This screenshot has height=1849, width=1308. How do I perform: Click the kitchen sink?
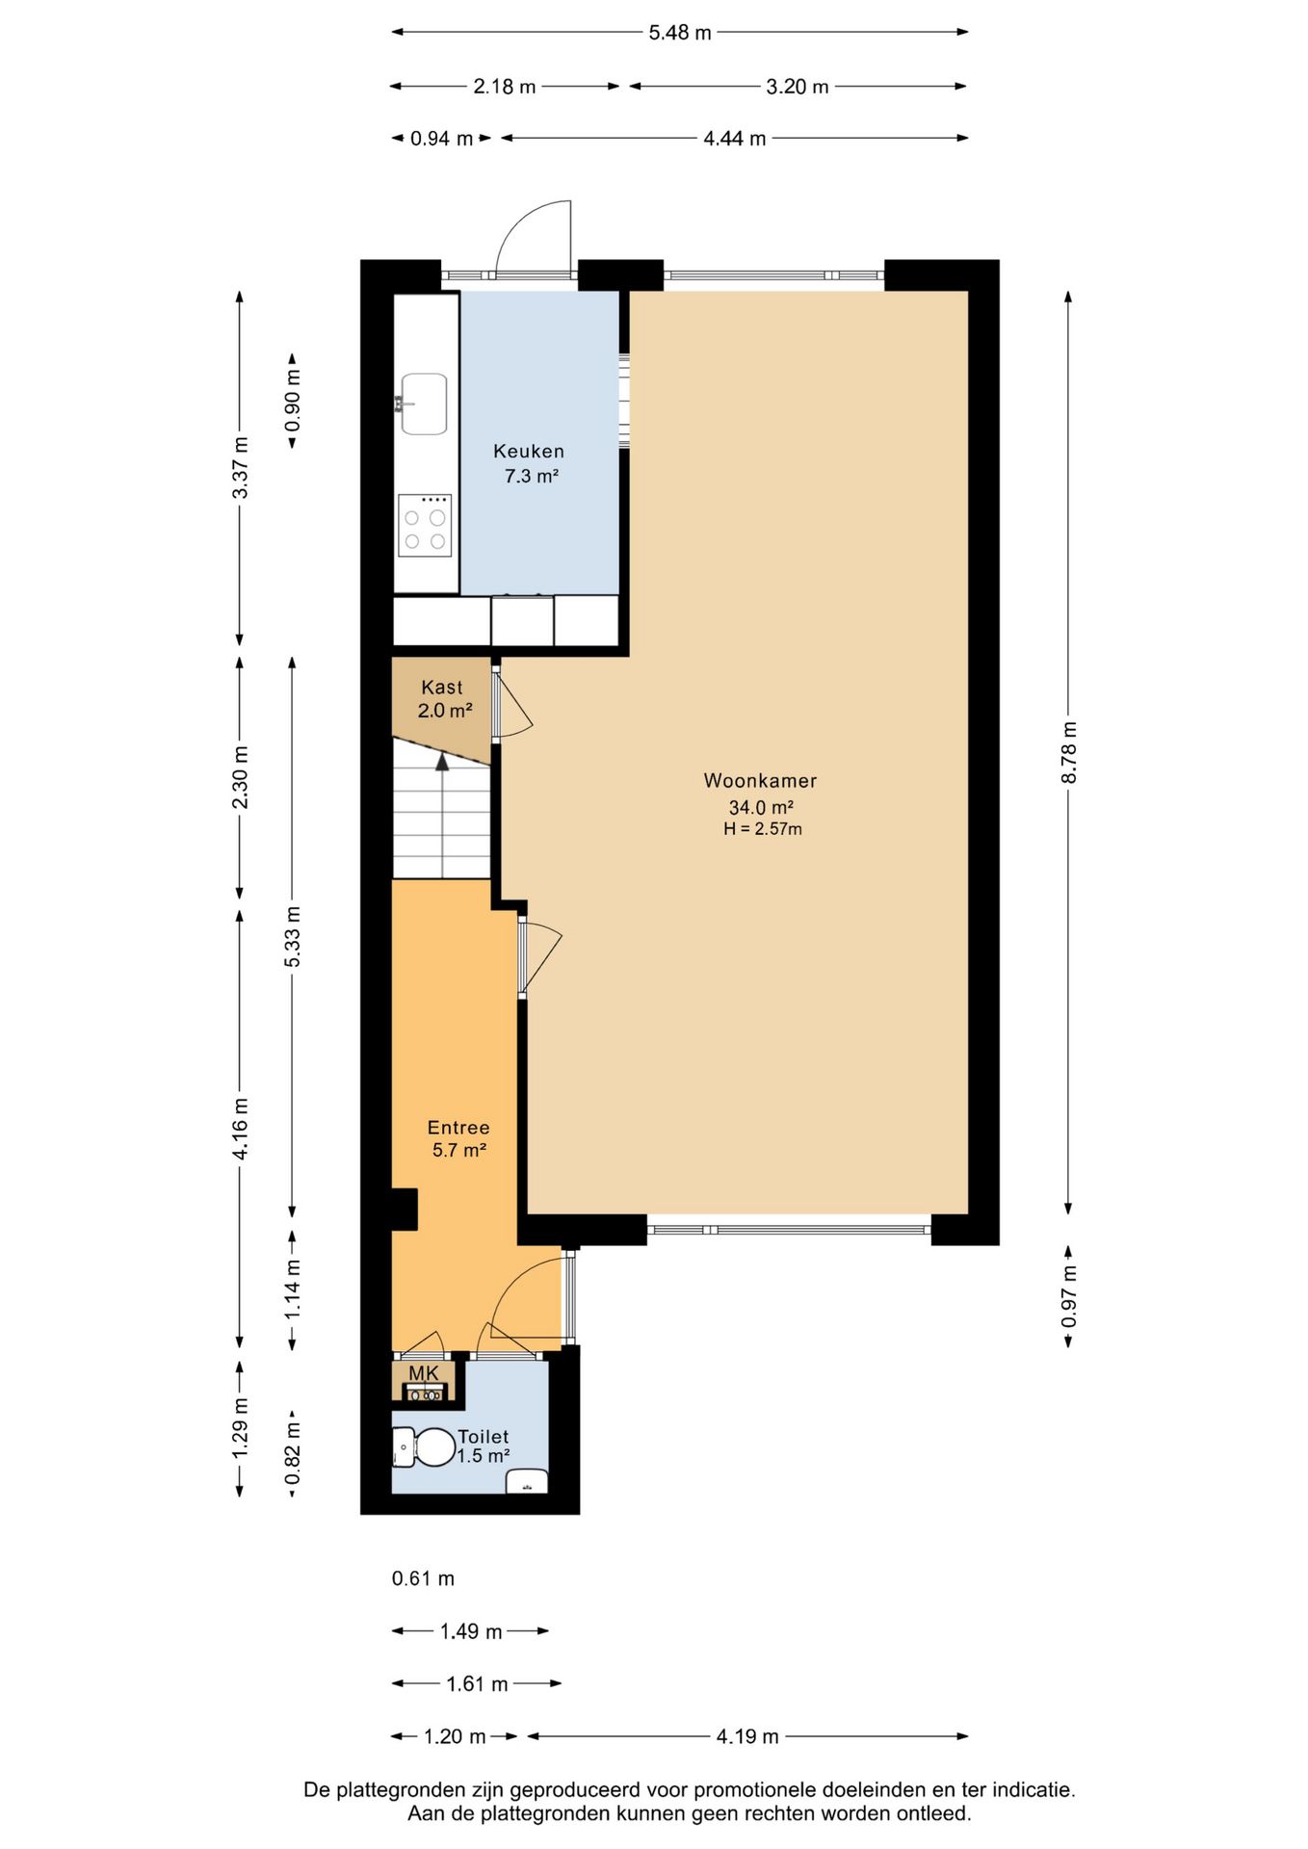pyautogui.click(x=424, y=404)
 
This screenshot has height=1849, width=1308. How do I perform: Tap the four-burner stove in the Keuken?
pyautogui.click(x=425, y=526)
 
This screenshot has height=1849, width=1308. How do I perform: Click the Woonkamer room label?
pyautogui.click(x=760, y=781)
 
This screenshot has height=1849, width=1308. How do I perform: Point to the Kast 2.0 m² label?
pyautogui.click(x=444, y=699)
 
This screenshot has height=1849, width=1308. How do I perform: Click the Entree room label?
pyautogui.click(x=458, y=1128)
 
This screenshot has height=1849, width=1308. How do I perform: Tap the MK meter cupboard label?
pyautogui.click(x=424, y=1373)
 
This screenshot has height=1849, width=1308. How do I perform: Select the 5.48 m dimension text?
pyautogui.click(x=680, y=33)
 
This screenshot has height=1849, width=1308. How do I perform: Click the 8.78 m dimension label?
pyautogui.click(x=1069, y=752)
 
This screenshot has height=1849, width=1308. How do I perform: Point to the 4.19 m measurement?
pyautogui.click(x=747, y=1736)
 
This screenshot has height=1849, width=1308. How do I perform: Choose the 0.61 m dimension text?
pyautogui.click(x=423, y=1578)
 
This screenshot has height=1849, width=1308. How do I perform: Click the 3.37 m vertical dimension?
pyautogui.click(x=241, y=468)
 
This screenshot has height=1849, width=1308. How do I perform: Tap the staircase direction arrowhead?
pyautogui.click(x=442, y=762)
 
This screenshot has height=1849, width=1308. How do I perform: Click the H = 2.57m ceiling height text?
pyautogui.click(x=763, y=829)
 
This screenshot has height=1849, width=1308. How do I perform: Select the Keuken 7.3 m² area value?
pyautogui.click(x=532, y=476)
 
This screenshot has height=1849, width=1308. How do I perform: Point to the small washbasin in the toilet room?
pyautogui.click(x=527, y=1481)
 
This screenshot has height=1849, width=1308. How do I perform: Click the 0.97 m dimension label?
pyautogui.click(x=1069, y=1296)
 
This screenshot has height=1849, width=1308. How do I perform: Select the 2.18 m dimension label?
pyautogui.click(x=505, y=87)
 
